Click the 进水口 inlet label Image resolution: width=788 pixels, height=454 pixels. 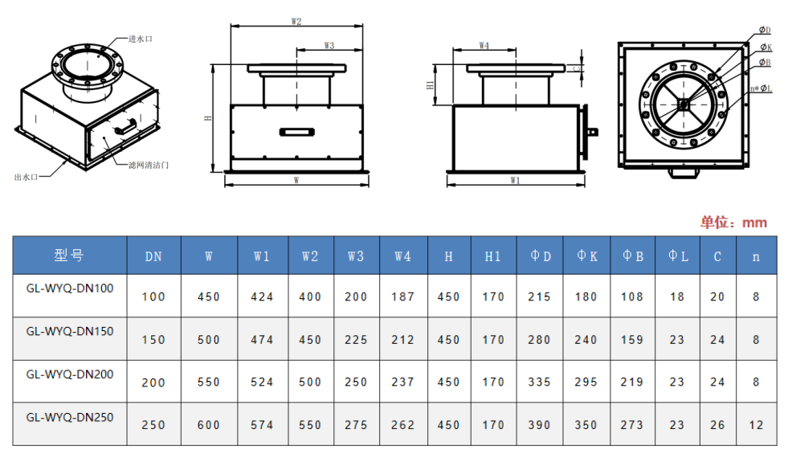tap(141, 39)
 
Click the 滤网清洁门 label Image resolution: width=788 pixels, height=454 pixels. tap(149, 165)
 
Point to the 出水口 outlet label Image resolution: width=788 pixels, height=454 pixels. tap(27, 177)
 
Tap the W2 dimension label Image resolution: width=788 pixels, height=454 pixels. tap(296, 22)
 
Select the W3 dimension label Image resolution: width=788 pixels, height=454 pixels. tap(329, 45)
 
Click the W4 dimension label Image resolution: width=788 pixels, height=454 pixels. tap(484, 45)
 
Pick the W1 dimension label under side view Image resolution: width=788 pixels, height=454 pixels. tap(515, 180)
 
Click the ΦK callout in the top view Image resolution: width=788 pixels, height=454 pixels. tap(766, 47)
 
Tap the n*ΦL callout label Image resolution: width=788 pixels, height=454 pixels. tap(761, 88)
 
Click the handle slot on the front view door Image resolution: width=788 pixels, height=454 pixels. tap(297, 133)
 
